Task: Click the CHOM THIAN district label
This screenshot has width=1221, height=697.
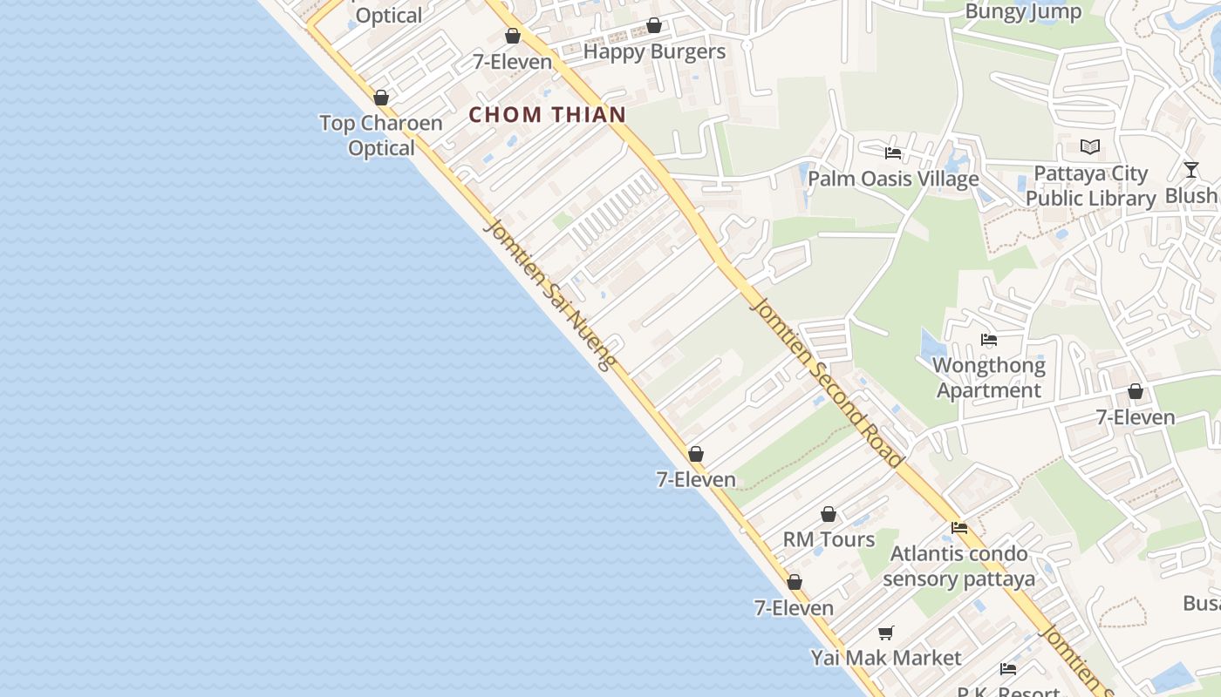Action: (x=548, y=114)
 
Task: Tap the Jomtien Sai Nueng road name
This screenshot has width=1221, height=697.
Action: (x=550, y=295)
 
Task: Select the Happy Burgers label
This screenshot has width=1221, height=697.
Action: (x=654, y=51)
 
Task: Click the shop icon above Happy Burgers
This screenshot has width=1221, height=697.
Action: (x=654, y=26)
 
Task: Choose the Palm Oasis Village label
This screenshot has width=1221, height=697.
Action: (x=893, y=179)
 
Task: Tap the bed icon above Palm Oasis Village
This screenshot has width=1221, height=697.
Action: (x=893, y=153)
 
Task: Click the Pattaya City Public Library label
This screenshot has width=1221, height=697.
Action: (x=1090, y=186)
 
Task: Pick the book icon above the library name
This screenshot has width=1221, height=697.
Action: (x=1090, y=147)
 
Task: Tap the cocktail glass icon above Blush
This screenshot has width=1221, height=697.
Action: (x=1191, y=170)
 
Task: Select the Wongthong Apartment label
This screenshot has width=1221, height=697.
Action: (x=989, y=377)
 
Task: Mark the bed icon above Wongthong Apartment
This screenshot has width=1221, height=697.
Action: (x=989, y=340)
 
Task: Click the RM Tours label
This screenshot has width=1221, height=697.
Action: (x=829, y=539)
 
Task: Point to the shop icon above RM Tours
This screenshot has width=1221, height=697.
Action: (x=829, y=515)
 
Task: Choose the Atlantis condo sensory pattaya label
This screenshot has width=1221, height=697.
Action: (x=958, y=565)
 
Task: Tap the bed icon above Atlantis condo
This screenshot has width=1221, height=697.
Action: (x=959, y=528)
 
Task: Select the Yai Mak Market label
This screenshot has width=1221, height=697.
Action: (x=886, y=658)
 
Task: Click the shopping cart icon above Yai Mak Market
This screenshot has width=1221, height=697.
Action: (x=886, y=633)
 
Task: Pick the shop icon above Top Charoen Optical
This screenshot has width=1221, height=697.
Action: (x=381, y=98)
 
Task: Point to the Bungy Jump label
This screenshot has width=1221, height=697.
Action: (x=1023, y=11)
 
